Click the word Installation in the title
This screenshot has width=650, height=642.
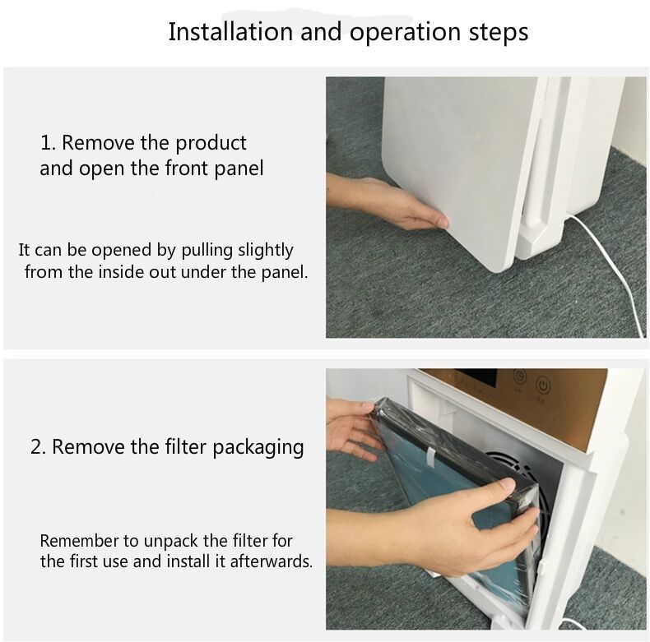230,31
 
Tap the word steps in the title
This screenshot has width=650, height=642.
499,33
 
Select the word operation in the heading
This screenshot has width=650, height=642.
406,33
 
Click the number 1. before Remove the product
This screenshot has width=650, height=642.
48,143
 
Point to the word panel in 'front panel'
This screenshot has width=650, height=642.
239,169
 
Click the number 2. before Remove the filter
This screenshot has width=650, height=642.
39,447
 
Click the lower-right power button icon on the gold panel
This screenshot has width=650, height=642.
543,386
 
